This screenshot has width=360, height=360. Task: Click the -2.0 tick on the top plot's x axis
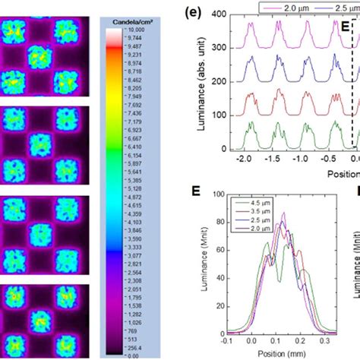[242, 162]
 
